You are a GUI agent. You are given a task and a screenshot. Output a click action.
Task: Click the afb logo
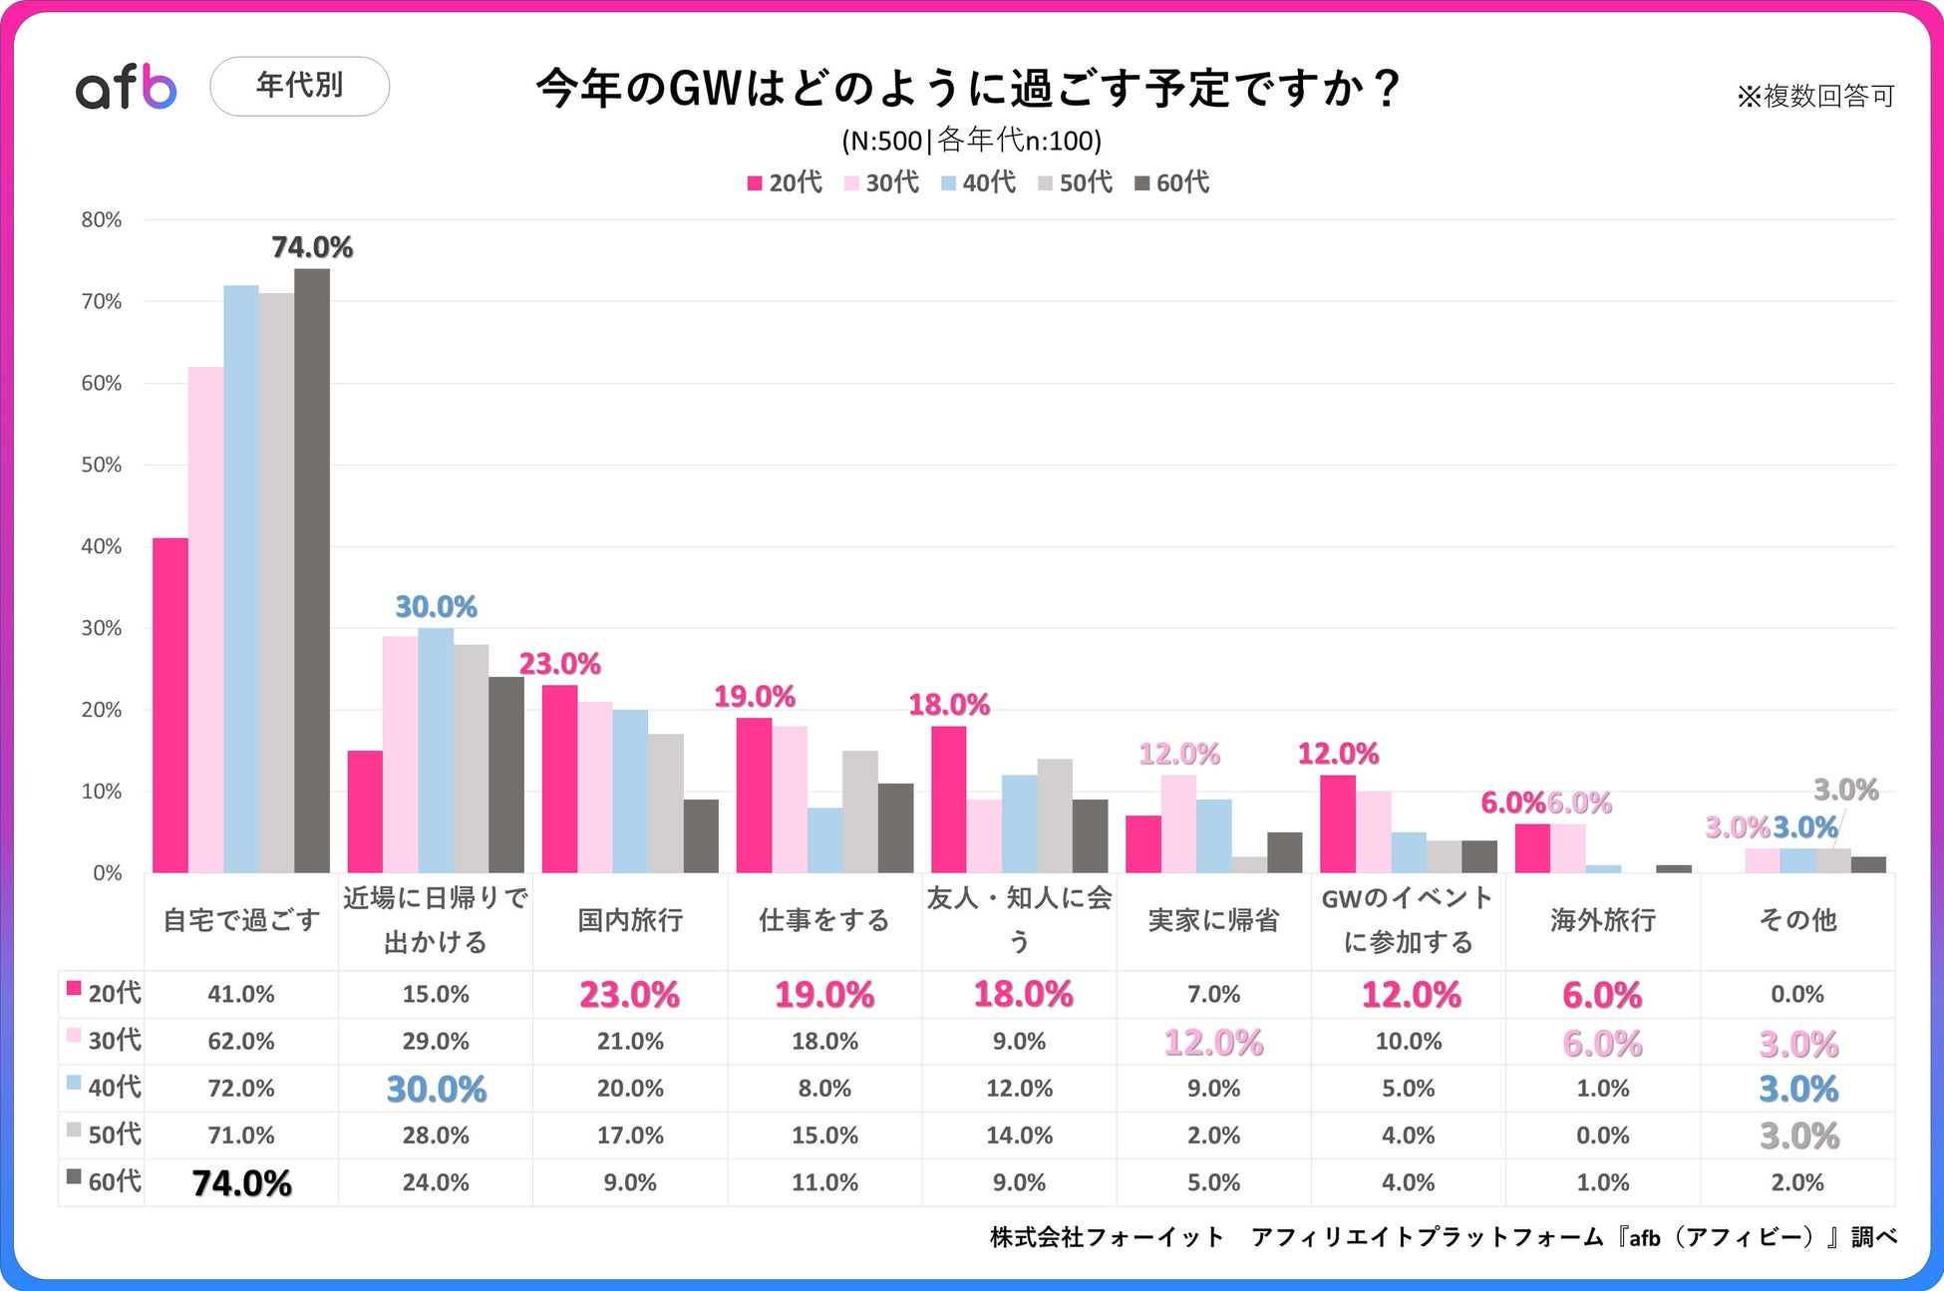coord(127,88)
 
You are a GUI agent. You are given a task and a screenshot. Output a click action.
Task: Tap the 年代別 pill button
coord(299,87)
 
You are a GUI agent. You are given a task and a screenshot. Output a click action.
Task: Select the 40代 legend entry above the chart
coord(978,182)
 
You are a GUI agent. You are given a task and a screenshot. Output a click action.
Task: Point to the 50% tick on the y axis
coord(102,465)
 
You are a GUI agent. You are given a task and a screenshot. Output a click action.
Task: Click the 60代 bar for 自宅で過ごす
coord(312,570)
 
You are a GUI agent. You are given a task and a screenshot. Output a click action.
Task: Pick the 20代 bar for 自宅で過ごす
coord(170,705)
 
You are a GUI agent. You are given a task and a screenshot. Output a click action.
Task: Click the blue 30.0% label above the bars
coord(436,606)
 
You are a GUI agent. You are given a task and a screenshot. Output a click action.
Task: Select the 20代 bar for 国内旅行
coord(559,779)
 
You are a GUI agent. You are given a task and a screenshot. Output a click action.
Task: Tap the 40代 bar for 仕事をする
coord(824,839)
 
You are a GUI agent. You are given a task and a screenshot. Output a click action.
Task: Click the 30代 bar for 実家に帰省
coord(1178,823)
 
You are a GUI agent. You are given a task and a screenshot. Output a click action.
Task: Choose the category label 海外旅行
coord(1602,920)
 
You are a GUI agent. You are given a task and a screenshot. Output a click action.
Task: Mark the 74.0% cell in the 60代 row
coord(241,1183)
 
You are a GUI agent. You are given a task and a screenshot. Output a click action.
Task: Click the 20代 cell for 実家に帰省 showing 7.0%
coord(1213,994)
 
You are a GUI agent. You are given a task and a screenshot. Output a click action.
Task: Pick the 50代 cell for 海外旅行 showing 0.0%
coord(1602,1135)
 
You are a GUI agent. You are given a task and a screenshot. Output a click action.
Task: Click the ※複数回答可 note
coord(1814,96)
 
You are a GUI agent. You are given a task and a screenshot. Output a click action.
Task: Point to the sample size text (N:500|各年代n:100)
coord(971,141)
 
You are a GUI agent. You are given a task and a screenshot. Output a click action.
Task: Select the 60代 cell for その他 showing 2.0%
coord(1796,1183)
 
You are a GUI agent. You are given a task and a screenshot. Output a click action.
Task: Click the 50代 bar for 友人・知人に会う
coord(1055,815)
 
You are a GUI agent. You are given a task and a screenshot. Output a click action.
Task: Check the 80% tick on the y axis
coord(102,220)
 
